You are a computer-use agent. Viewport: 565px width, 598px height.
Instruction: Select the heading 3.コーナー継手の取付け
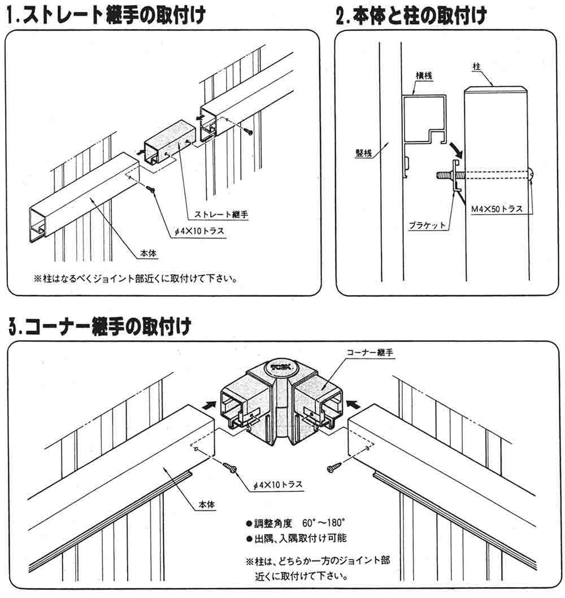coord(99,326)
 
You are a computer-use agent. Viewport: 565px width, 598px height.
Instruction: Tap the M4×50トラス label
coord(497,209)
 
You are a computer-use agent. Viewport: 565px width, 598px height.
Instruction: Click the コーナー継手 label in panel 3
coord(371,352)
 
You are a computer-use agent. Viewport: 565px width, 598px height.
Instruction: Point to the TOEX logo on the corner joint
coord(280,367)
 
